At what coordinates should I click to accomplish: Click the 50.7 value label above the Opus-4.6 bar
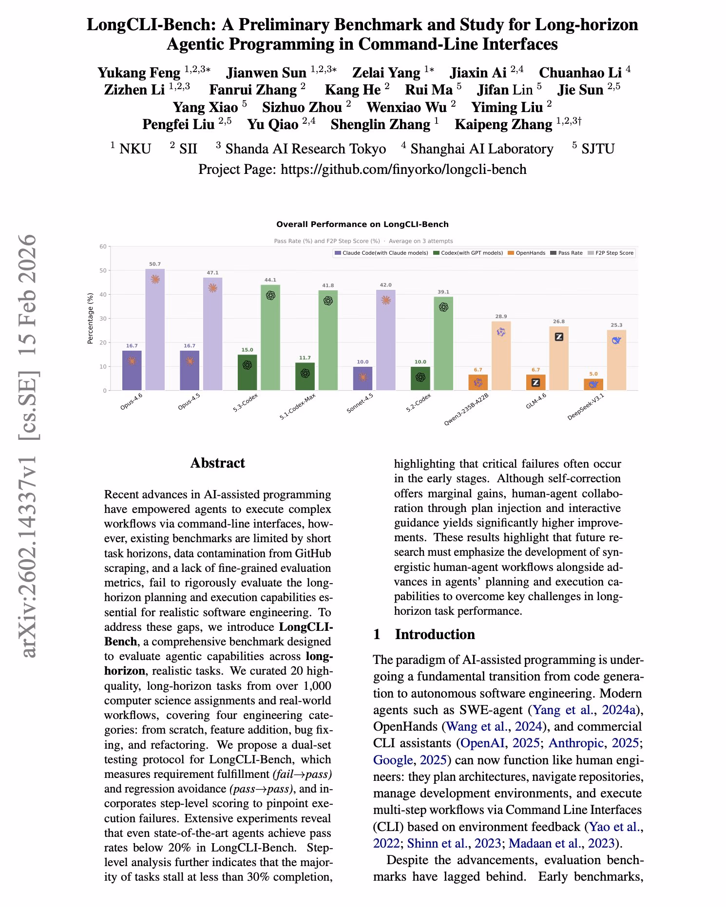pyautogui.click(x=155, y=264)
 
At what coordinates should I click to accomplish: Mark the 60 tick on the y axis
pyautogui.click(x=103, y=246)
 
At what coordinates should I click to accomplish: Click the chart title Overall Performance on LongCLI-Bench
pyautogui.click(x=363, y=224)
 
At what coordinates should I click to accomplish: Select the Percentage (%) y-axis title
pyautogui.click(x=90, y=319)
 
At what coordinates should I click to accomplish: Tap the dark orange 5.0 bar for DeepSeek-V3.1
pyautogui.click(x=593, y=384)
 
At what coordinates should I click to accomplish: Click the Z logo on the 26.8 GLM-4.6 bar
pyautogui.click(x=559, y=337)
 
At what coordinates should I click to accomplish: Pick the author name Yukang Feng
pyautogui.click(x=139, y=73)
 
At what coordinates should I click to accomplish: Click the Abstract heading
pyautogui.click(x=217, y=463)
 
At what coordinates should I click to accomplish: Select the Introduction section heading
pyautogui.click(x=435, y=634)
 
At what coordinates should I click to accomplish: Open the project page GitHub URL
pyautogui.click(x=403, y=169)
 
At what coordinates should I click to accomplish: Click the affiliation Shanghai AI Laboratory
pyautogui.click(x=481, y=149)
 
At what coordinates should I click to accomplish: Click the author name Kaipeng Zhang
pyautogui.click(x=503, y=124)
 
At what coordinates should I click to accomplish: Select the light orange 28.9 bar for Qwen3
pyautogui.click(x=501, y=356)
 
